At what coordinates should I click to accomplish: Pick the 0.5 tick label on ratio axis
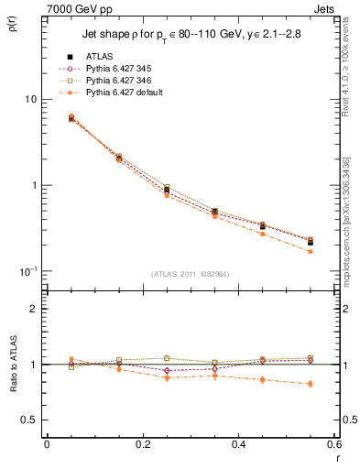click(31, 420)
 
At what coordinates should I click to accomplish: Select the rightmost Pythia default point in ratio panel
click(310, 384)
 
